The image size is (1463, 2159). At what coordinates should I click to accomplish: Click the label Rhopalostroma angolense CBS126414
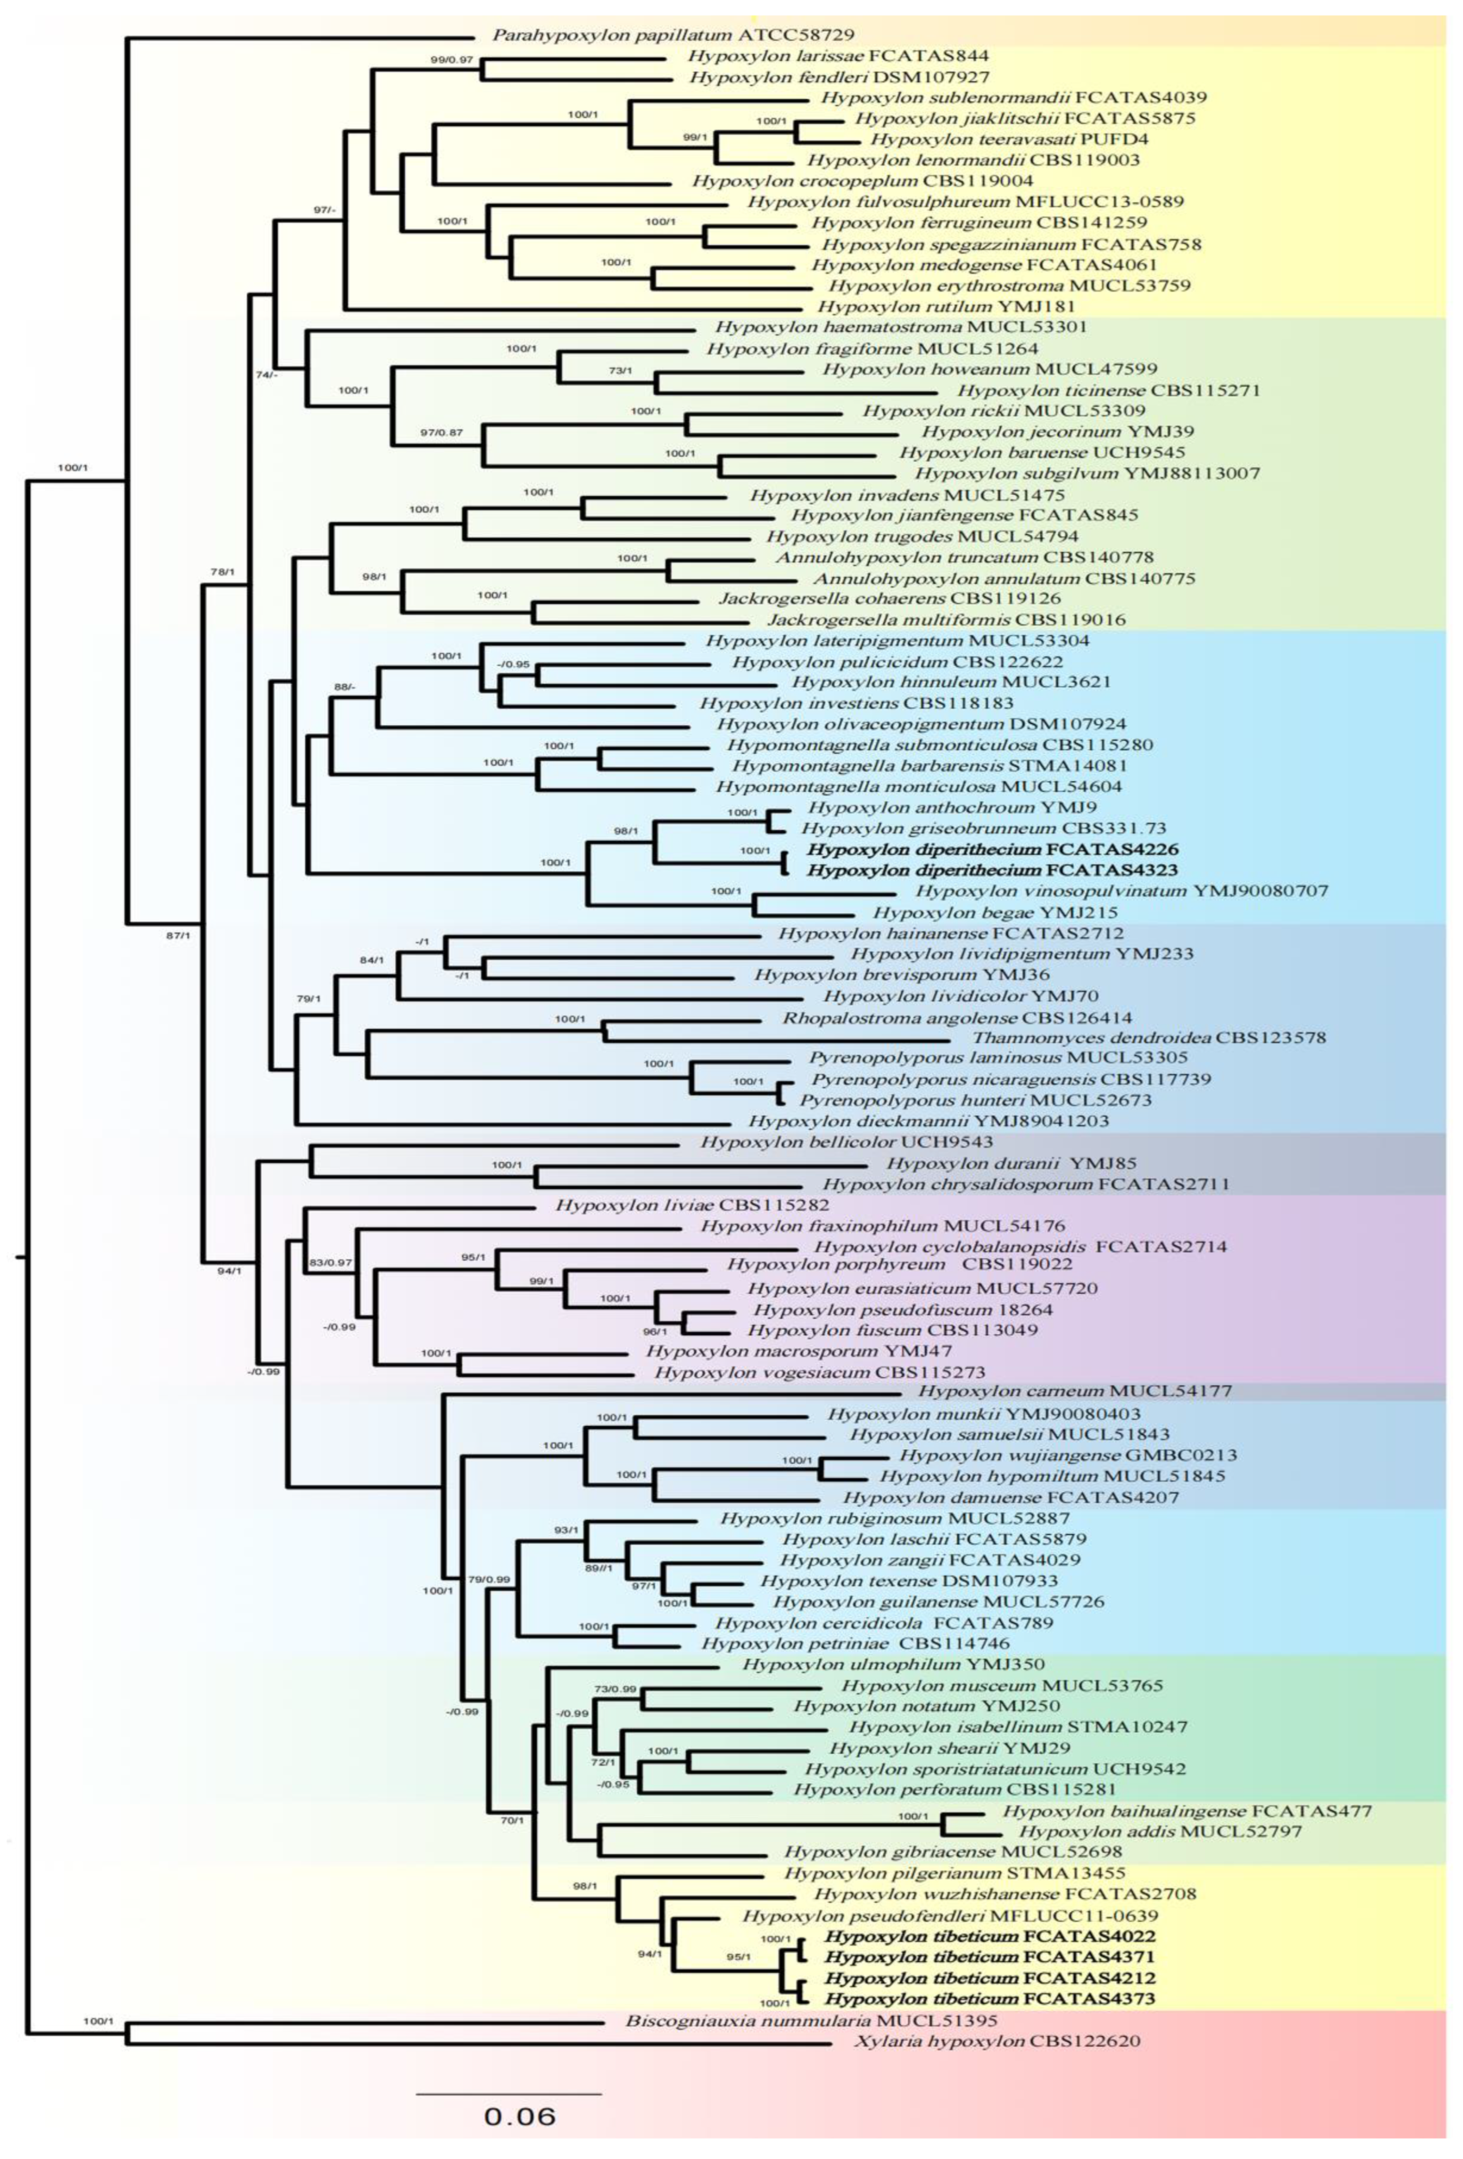[957, 1017]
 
